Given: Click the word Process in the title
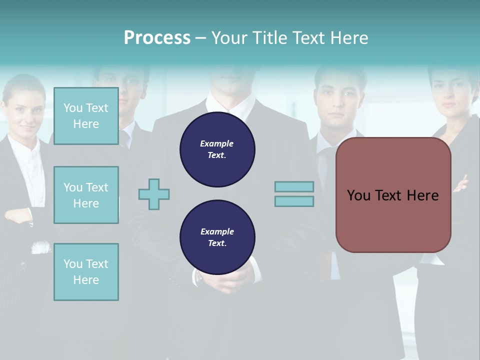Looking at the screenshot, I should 157,38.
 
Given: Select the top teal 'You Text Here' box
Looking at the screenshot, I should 86,116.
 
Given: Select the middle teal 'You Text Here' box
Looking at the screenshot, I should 86,195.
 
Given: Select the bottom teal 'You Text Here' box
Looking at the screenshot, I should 86,272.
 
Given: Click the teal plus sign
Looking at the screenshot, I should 154,194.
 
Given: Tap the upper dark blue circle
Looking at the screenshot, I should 217,149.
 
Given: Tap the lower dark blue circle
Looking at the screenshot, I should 217,237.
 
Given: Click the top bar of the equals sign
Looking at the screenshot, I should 294,186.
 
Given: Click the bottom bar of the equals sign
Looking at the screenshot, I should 294,201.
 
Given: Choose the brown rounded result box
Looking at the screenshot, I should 393,195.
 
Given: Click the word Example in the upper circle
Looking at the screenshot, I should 217,143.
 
